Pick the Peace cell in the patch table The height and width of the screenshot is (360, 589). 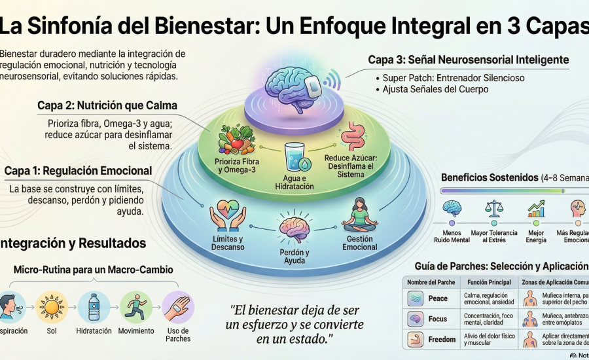point(438,298)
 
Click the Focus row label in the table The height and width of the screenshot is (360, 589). point(438,319)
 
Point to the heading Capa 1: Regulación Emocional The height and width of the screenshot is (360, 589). point(78,171)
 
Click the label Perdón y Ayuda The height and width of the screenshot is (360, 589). point(294,257)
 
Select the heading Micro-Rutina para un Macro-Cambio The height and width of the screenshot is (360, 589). point(93,270)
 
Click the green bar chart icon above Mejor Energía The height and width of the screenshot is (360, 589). point(537,209)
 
